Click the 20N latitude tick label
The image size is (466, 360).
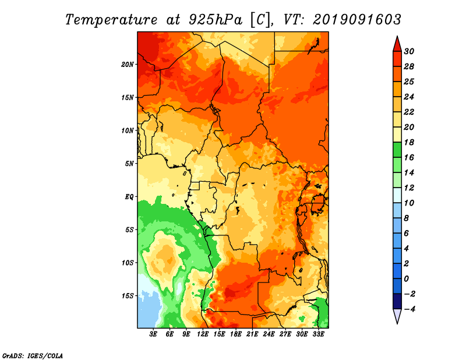click(127, 65)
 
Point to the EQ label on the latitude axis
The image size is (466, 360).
click(129, 197)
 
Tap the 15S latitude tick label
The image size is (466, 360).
click(127, 296)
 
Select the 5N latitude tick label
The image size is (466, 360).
click(129, 164)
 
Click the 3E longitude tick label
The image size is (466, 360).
click(153, 334)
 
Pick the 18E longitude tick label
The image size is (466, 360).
click(236, 334)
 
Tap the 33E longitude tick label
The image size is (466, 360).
click(318, 334)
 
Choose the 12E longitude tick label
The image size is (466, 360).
click(203, 334)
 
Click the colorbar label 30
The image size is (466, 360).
click(409, 51)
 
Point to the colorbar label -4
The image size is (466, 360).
click(409, 309)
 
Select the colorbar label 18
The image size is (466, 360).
click(409, 142)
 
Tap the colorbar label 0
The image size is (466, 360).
click(407, 279)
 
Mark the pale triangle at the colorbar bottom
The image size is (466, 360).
click(397, 315)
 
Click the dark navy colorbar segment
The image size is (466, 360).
click(397, 301)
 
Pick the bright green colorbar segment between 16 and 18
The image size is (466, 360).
click(397, 150)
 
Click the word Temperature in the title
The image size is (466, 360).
click(111, 20)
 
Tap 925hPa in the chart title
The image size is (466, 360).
click(216, 20)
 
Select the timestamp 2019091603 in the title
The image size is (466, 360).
click(357, 20)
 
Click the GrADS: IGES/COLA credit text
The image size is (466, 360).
click(33, 355)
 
